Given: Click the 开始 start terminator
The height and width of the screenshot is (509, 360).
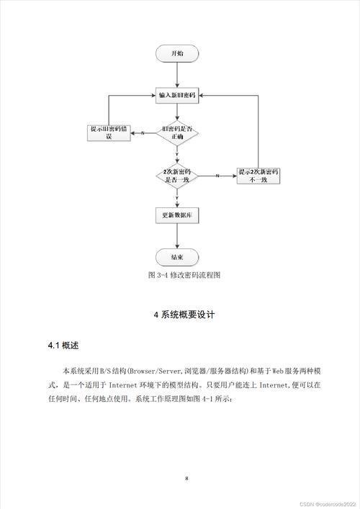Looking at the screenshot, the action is [177, 53].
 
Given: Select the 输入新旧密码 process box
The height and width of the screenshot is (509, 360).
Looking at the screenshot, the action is [177, 96].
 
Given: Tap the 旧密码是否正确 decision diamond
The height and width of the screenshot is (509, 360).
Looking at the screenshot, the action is [177, 133].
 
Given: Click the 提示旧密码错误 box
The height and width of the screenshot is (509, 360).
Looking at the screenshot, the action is [109, 133].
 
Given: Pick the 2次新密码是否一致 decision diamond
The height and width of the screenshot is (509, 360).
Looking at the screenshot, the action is [177, 176].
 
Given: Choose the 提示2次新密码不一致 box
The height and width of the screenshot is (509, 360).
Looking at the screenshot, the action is [258, 176].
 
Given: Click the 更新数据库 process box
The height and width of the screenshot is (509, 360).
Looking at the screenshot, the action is [177, 215].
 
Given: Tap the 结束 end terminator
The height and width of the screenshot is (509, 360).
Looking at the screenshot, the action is [177, 258].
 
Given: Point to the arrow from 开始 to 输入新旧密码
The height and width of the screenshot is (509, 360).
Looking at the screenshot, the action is [177, 75].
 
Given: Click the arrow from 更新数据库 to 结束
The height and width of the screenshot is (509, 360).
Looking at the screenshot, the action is [177, 236].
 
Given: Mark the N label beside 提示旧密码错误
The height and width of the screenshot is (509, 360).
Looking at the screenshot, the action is [143, 133].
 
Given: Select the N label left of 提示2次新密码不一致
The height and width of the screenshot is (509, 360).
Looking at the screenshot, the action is [217, 176].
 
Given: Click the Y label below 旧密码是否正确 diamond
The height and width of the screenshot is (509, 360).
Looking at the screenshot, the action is [177, 154].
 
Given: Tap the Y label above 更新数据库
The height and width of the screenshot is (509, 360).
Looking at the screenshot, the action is [177, 198].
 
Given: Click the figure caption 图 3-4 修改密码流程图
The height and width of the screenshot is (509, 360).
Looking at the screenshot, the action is [184, 275].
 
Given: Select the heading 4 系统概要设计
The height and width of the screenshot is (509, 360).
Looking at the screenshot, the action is [184, 315].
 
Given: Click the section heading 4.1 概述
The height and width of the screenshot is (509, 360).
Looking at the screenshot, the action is [63, 346].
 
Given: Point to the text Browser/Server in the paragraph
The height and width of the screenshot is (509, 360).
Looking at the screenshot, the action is [156, 371].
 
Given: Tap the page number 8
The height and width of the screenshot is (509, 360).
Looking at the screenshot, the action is [186, 479].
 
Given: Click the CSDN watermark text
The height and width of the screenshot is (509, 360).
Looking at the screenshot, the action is [328, 504].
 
